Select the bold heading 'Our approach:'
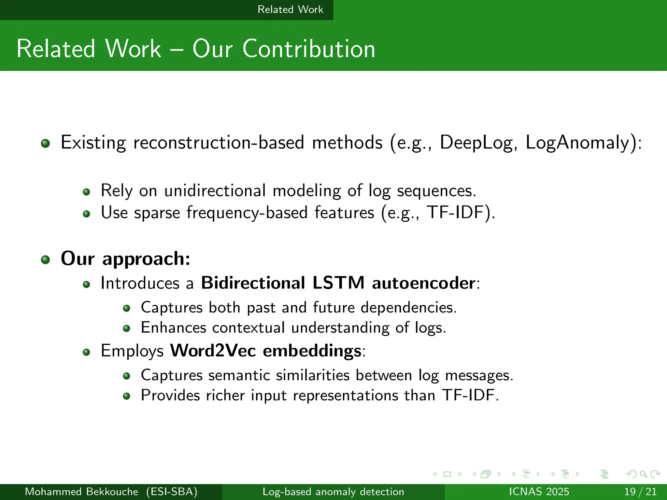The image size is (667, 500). click(x=125, y=259)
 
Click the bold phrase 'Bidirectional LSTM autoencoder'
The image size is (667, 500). click(x=338, y=283)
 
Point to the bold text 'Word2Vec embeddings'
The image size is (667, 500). click(x=265, y=351)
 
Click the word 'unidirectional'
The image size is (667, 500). click(x=215, y=191)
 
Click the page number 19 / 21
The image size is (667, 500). click(x=640, y=492)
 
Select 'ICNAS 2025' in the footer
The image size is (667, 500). click(x=539, y=492)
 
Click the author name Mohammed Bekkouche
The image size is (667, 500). click(x=81, y=492)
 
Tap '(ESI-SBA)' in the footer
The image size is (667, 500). click(x=172, y=492)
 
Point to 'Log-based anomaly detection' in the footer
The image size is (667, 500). click(x=333, y=492)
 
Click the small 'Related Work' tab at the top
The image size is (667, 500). click(x=290, y=9)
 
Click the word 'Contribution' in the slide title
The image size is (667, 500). click(x=308, y=49)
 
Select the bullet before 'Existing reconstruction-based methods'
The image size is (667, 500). click(x=46, y=144)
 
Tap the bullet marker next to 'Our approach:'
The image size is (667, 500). click(x=46, y=260)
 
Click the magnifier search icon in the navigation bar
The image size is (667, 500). click(x=643, y=474)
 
